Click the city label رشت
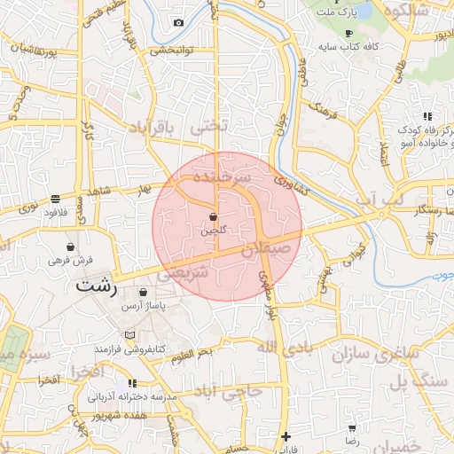[x=95, y=286]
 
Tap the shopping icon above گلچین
[x=213, y=216]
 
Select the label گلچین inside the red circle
[x=213, y=231]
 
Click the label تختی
[x=209, y=127]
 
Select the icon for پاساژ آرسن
[x=144, y=292]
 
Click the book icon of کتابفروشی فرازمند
[x=132, y=335]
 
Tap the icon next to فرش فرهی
[x=70, y=247]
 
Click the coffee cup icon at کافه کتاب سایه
[x=348, y=33]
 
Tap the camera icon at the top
[x=178, y=22]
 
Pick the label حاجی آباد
[x=228, y=390]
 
